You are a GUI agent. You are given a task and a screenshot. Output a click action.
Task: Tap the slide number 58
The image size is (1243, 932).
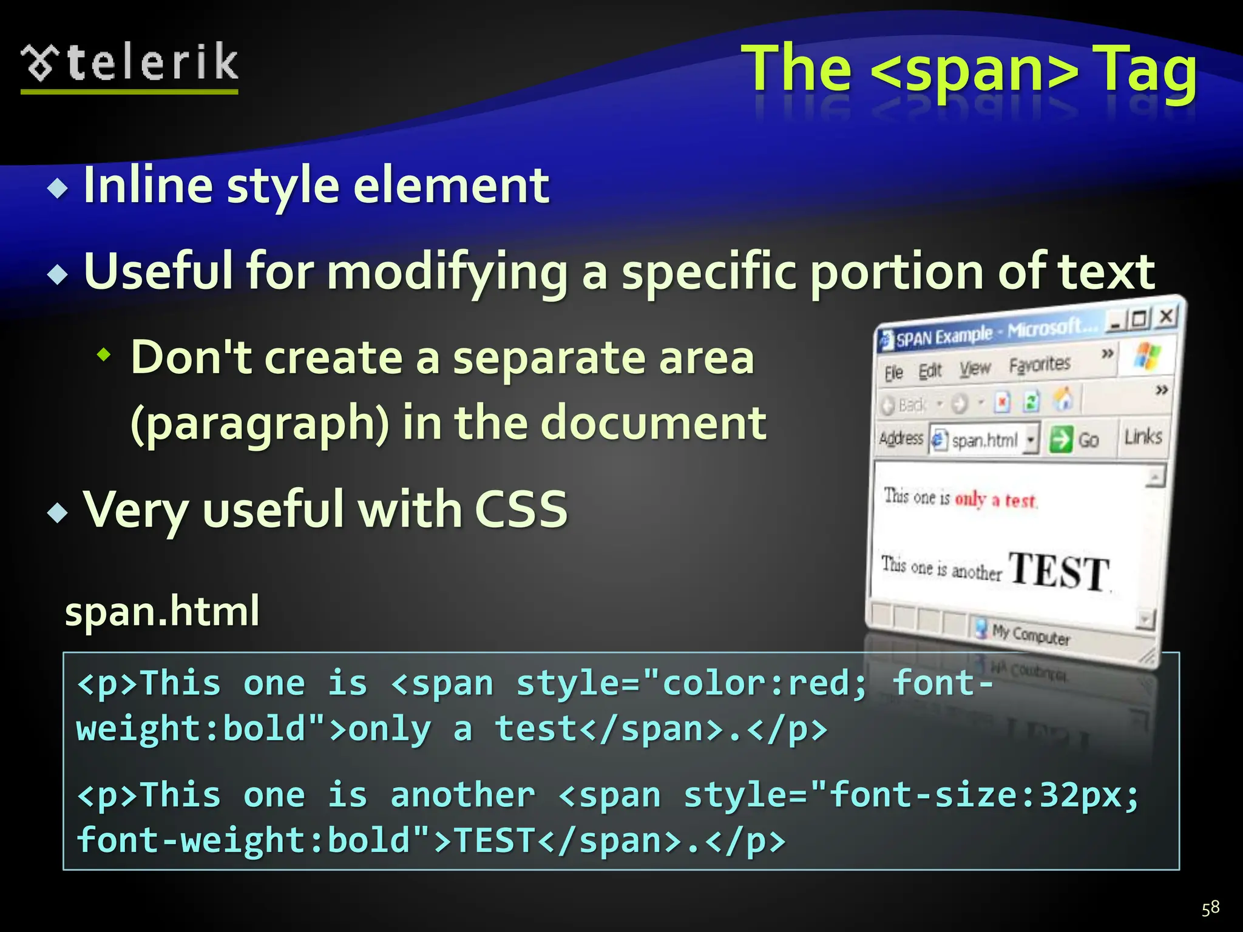1210,908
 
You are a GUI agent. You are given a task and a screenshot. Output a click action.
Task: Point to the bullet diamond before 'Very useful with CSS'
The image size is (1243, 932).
58,513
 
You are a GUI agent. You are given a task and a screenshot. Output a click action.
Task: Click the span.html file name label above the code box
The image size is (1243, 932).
162,611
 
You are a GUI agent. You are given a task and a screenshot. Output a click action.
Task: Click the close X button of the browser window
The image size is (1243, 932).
1166,316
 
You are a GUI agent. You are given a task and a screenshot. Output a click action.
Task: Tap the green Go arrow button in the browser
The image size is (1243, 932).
1061,439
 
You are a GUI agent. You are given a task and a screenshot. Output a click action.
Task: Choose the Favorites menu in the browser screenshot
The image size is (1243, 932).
1039,365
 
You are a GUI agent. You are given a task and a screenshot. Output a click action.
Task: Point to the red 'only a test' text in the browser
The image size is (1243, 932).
995,499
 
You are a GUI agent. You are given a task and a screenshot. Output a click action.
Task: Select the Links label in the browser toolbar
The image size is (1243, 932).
1143,436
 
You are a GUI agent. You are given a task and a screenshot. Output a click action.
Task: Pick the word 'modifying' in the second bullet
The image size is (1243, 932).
447,272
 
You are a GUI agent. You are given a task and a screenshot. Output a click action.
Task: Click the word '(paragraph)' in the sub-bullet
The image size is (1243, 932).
260,424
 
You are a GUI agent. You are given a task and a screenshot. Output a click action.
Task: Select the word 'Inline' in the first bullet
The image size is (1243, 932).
148,186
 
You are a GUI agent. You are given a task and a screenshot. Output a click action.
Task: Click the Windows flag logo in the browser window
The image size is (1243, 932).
1146,354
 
